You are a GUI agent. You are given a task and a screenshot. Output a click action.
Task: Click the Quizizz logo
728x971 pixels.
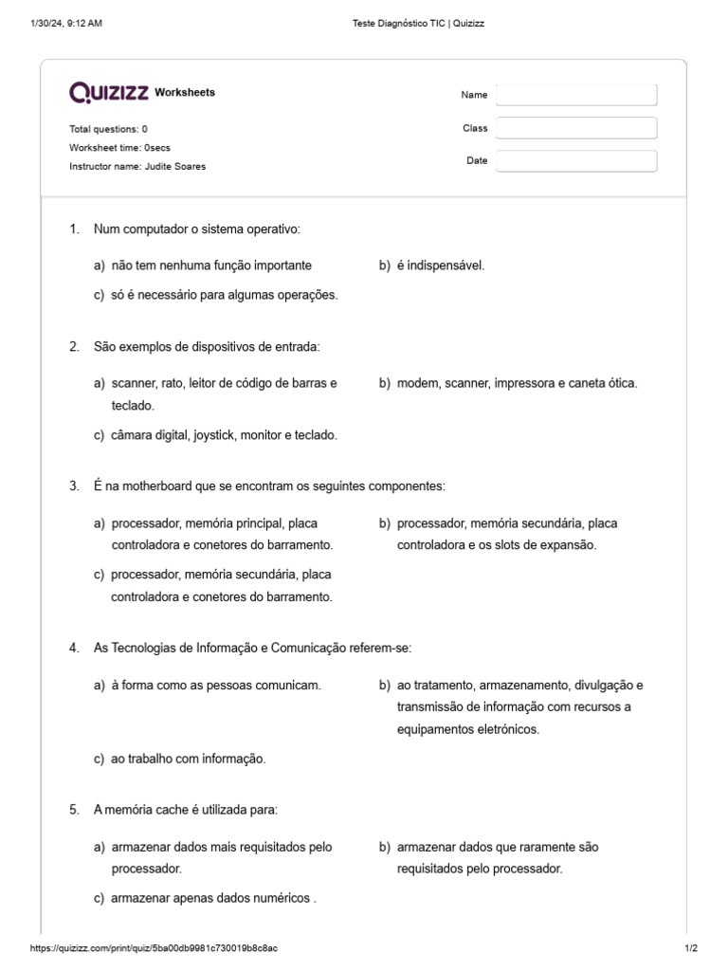point(108,92)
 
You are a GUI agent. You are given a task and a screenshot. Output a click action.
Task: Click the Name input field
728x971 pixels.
point(575,95)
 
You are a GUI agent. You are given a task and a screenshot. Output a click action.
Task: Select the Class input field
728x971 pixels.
point(575,128)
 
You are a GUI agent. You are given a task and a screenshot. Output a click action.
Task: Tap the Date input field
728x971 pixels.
point(575,161)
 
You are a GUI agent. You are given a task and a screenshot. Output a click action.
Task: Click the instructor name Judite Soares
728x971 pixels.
point(174,166)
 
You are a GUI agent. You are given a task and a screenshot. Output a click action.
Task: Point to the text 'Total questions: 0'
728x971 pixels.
point(108,128)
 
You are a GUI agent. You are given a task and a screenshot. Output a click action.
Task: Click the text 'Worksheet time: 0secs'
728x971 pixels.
point(119,147)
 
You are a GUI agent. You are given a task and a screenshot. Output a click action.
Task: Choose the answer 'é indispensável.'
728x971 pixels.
point(440,266)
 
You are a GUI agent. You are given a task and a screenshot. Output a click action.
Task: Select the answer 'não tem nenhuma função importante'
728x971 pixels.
point(210,266)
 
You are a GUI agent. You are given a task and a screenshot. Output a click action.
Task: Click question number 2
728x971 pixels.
point(74,347)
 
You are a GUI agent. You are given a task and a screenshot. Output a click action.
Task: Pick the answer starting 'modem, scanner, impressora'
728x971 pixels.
point(517,383)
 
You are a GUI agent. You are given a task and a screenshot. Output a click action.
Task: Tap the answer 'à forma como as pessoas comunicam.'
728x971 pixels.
point(215,685)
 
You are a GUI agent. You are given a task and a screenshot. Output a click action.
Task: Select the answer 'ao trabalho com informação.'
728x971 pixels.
point(188,759)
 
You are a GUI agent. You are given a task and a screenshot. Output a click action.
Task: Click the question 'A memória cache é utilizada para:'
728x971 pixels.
point(185,810)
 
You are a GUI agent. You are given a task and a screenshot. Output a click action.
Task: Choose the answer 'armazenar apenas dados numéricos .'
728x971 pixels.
point(213,898)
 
